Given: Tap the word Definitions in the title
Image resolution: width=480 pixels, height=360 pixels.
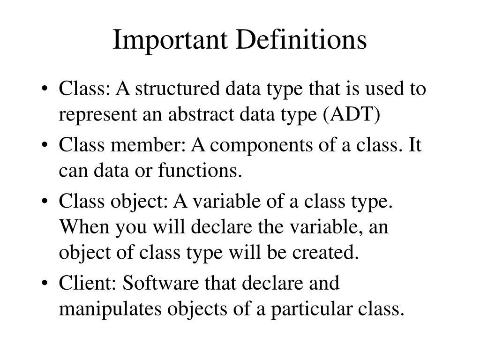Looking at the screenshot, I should tap(300, 41).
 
